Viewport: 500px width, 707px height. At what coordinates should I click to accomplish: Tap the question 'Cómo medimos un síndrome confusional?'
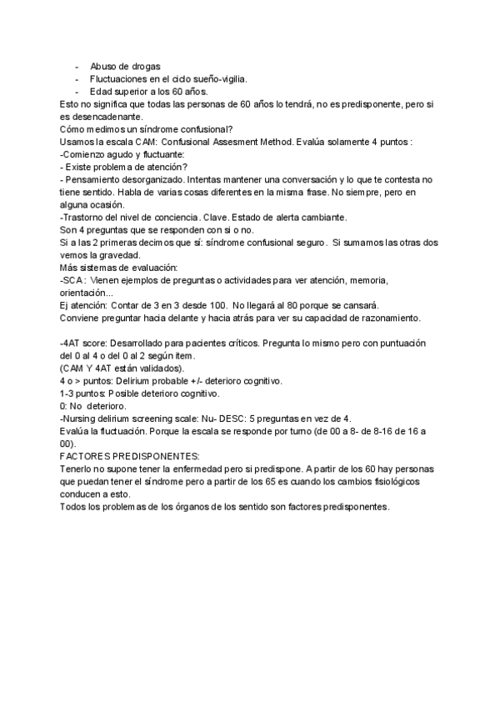click(x=147, y=129)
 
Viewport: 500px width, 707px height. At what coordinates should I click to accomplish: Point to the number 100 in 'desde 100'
click(x=215, y=305)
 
